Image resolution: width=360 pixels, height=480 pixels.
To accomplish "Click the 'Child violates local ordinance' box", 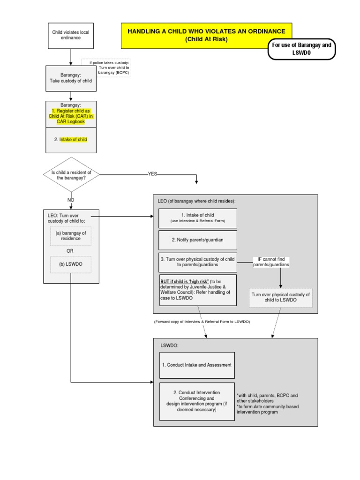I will [71, 35].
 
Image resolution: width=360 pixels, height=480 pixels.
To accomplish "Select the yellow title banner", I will [206, 35].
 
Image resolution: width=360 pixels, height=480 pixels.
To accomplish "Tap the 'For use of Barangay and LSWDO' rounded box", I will [301, 49].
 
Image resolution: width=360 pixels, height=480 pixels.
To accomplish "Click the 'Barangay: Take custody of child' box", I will [71, 78].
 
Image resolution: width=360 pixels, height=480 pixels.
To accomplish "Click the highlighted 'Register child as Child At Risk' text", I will [71, 116].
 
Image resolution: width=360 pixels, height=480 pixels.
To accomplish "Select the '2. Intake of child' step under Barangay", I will [71, 140].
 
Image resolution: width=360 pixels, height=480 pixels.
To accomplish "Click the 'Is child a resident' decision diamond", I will [71, 175].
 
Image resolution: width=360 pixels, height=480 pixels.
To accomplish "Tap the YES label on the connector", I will [153, 173].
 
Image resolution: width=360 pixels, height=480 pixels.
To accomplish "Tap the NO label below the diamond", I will [71, 200].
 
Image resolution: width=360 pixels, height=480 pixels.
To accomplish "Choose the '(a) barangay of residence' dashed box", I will [71, 235].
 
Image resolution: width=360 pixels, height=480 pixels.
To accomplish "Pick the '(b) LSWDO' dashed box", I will [71, 264].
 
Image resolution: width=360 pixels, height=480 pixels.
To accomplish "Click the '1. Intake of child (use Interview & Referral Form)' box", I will [197, 218].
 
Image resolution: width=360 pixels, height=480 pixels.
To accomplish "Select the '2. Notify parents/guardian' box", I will [197, 240].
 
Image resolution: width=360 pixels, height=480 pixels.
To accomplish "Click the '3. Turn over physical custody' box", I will [197, 262].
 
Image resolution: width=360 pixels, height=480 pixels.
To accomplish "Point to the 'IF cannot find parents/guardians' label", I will [271, 262].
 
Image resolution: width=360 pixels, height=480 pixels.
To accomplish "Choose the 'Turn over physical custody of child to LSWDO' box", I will [280, 297].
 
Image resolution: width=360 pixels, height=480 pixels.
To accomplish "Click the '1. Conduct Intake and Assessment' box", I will [196, 365].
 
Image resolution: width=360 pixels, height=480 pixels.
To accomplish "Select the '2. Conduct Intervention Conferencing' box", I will [196, 401].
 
